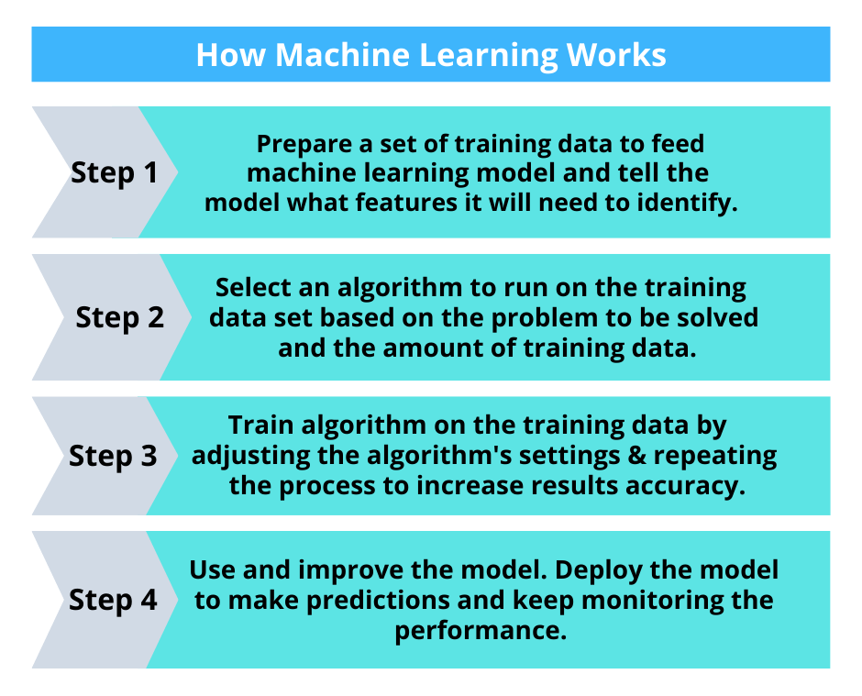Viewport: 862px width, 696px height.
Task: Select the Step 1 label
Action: [115, 173]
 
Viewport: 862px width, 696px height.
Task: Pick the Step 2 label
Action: [120, 317]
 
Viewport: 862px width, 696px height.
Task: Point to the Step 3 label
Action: [114, 456]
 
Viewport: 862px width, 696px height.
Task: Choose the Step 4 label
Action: [114, 600]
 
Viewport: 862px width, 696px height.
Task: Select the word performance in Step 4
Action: [480, 631]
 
